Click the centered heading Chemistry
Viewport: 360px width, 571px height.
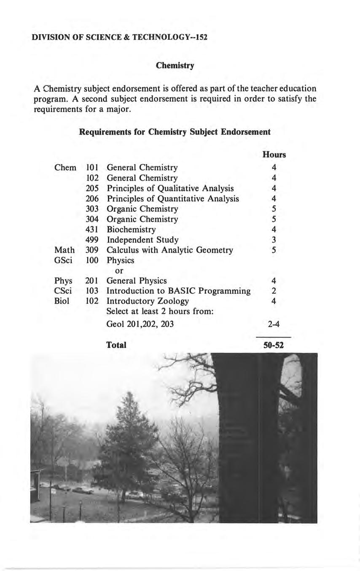(x=175, y=66)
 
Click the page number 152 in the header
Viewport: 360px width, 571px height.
(x=200, y=37)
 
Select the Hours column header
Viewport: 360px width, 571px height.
(x=274, y=155)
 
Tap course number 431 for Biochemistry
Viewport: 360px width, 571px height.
(x=92, y=230)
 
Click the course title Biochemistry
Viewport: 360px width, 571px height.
(x=131, y=230)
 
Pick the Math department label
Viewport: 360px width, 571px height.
(x=64, y=250)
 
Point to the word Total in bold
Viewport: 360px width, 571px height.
(x=116, y=345)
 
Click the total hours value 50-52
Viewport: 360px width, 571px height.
(x=273, y=346)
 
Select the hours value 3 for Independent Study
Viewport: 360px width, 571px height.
(x=274, y=240)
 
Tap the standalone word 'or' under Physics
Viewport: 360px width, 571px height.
(x=119, y=271)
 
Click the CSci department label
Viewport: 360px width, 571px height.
(x=63, y=291)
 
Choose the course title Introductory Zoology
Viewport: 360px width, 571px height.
(x=148, y=301)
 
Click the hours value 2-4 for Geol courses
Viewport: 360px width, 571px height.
(x=273, y=324)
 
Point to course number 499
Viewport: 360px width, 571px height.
(x=92, y=240)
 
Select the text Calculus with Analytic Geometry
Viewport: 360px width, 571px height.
(x=169, y=250)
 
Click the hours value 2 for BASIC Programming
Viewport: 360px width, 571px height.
(x=274, y=291)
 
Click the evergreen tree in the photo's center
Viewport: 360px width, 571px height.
(x=126, y=430)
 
